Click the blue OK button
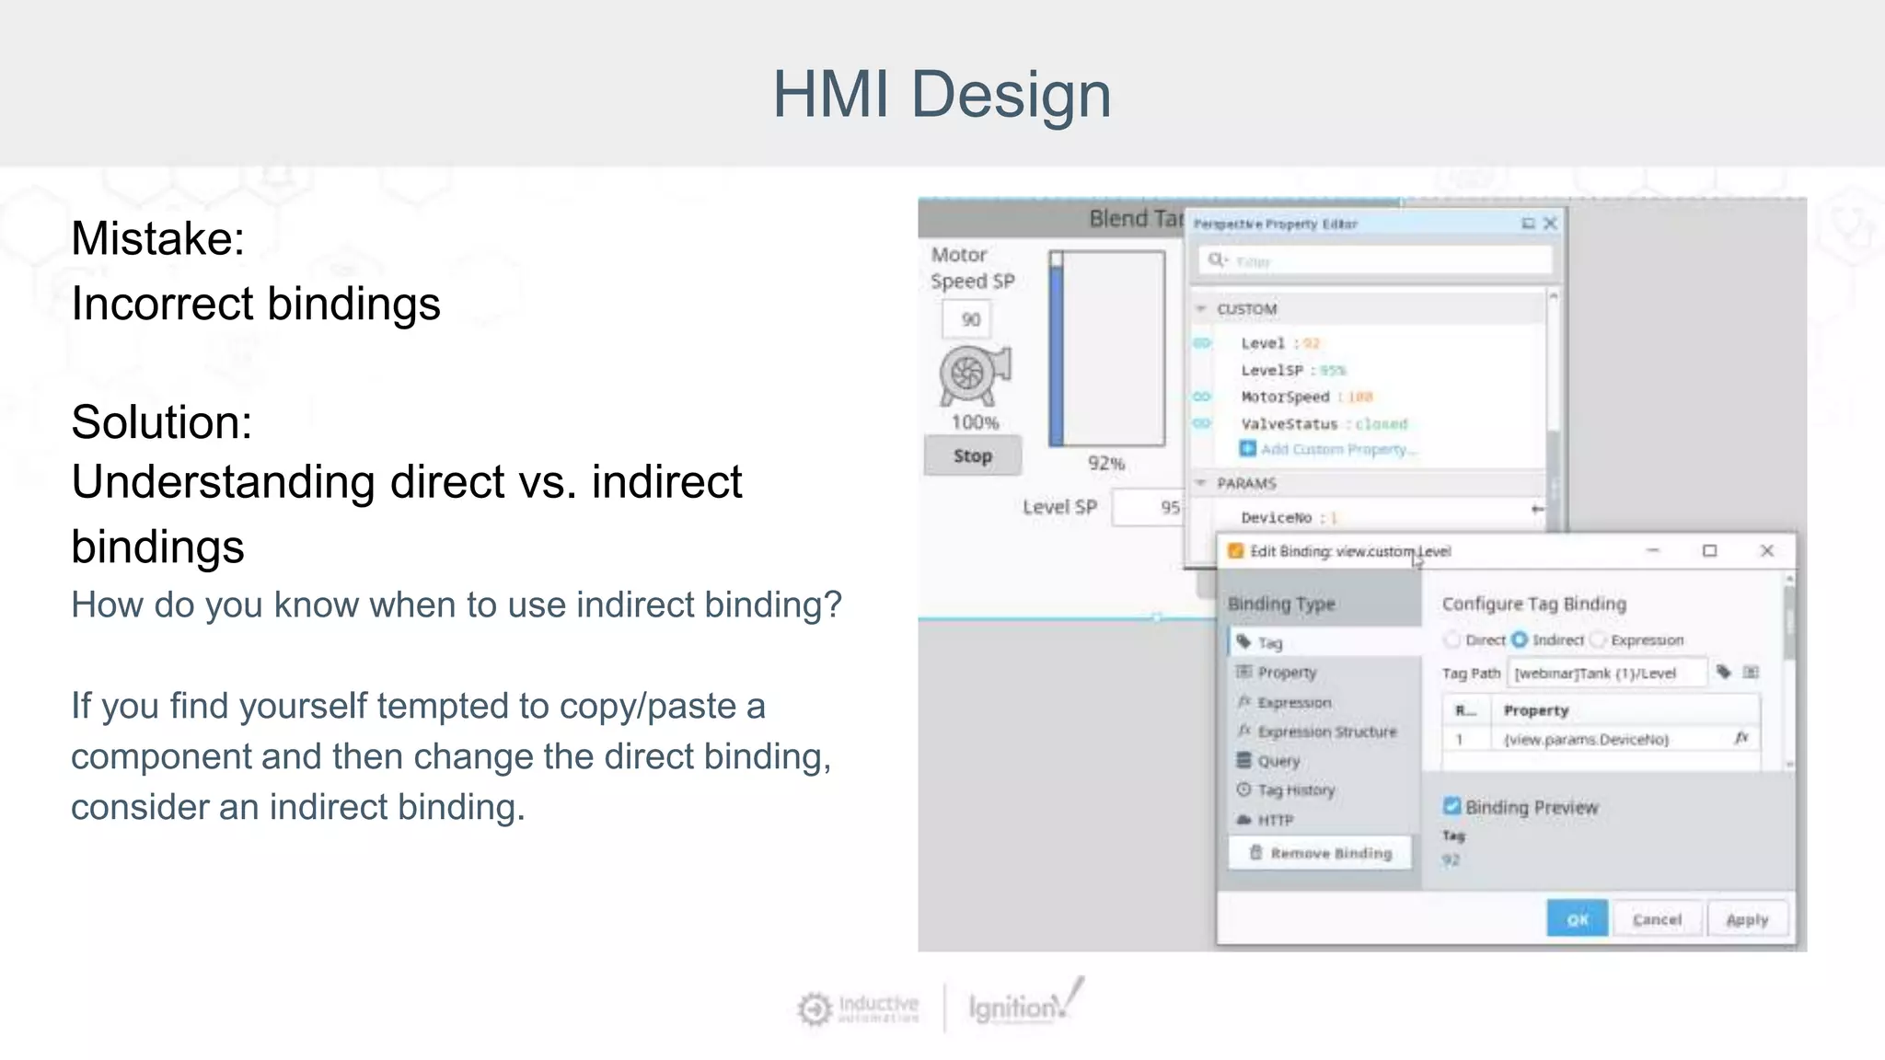click(1577, 919)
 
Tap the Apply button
click(1747, 919)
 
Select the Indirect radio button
click(1520, 639)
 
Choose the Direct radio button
click(1452, 639)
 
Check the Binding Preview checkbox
click(1452, 807)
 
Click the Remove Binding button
click(1321, 853)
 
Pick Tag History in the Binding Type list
click(1296, 790)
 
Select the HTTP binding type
click(1275, 820)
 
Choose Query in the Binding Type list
click(1278, 761)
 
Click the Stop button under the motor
click(973, 456)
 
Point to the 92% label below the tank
click(1106, 463)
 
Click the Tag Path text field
click(1606, 674)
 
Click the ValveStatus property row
click(1324, 424)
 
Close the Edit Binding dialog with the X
click(1766, 550)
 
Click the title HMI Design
click(942, 94)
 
